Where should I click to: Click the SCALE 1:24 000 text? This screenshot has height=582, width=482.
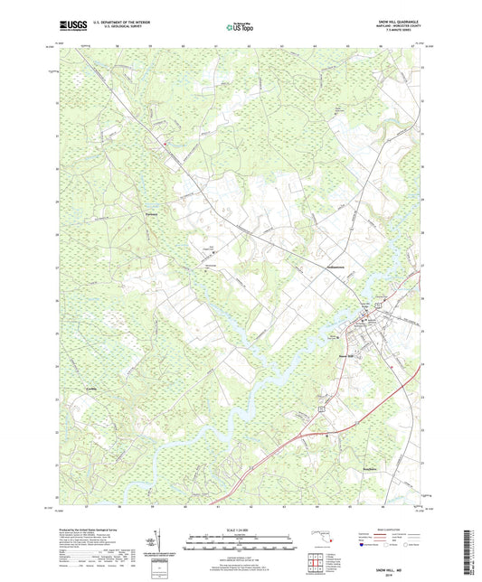pos(241,529)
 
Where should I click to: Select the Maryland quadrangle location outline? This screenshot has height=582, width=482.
pos(321,540)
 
